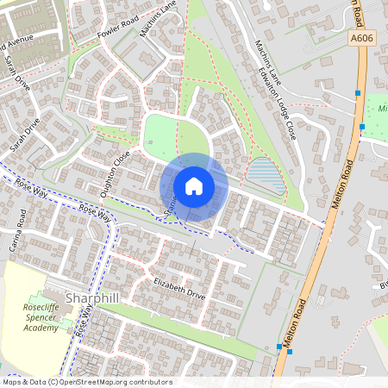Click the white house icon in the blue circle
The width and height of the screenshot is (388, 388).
point(193,186)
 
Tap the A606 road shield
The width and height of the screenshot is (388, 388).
point(363,39)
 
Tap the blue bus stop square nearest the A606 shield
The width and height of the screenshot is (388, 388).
point(357,92)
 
